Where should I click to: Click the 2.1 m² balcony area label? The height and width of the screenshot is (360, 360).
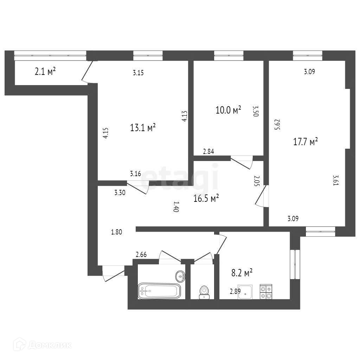pos(45,72)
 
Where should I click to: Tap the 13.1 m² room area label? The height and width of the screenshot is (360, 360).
pos(143,128)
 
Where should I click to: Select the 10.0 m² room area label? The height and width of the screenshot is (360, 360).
pos(228,110)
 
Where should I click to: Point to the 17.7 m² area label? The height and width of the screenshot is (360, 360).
pos(306,142)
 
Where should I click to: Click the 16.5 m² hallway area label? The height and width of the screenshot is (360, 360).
pos(206,199)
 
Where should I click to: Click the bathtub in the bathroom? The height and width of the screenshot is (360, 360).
pos(159,291)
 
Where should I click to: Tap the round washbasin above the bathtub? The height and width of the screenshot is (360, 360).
pos(181,276)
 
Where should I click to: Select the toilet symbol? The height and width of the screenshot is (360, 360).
pos(204,292)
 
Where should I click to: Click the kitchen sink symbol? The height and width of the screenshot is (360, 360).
pos(245,291)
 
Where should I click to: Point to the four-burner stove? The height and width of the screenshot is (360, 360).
pos(266,291)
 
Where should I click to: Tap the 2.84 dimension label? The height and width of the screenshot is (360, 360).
pos(209,152)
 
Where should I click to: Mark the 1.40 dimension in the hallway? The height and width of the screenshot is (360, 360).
pos(176,207)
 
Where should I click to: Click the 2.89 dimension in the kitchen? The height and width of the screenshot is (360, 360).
pos(235,291)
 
